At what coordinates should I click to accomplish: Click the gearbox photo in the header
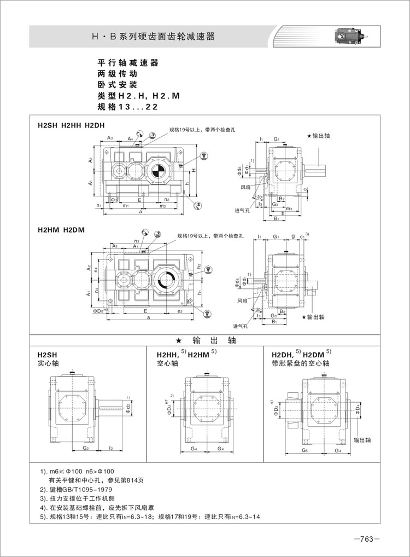[350, 37]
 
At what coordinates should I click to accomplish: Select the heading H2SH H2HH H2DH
[71, 125]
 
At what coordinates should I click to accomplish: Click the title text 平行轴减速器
[127, 63]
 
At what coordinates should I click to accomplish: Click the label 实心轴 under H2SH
[48, 363]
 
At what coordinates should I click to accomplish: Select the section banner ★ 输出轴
[204, 340]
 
